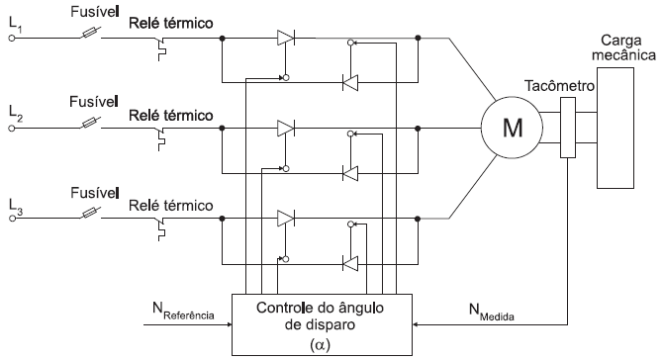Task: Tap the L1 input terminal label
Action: pyautogui.click(x=14, y=27)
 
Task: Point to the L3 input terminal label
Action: pyautogui.click(x=14, y=205)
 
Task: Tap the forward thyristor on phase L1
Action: pyautogui.click(x=285, y=38)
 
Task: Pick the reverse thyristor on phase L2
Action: pyautogui.click(x=350, y=172)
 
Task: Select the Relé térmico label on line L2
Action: pyautogui.click(x=171, y=115)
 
